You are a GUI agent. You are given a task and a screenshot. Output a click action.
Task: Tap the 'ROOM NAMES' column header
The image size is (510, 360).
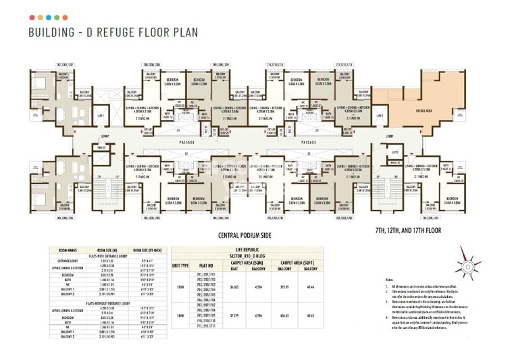pyautogui.click(x=66, y=249)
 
